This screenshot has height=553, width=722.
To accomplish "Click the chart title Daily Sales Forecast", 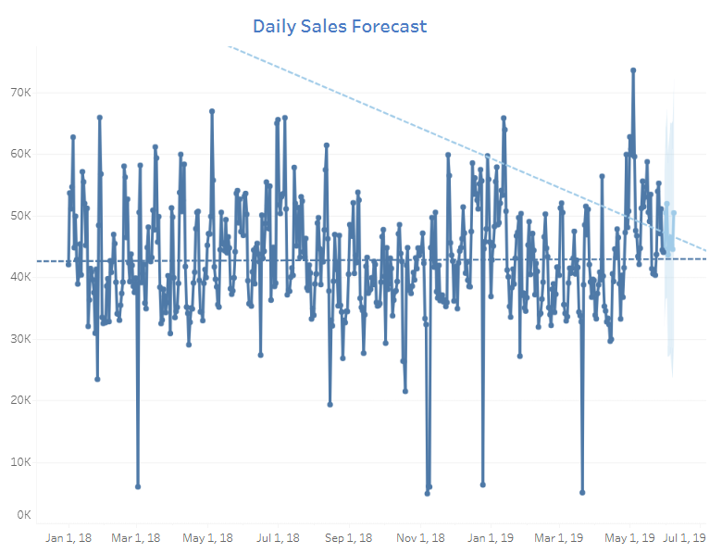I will (x=340, y=26).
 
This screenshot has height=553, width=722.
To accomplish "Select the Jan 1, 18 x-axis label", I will (x=68, y=537).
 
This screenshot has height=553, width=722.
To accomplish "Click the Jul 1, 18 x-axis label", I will (x=278, y=537).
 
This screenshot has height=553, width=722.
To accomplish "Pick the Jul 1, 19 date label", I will (x=685, y=537).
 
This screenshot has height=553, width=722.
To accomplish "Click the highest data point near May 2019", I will (x=633, y=69).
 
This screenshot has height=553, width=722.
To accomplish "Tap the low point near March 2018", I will (x=138, y=486).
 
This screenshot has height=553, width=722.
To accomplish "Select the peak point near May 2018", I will (x=212, y=111).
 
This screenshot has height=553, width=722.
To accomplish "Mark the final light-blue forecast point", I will (x=674, y=213).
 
